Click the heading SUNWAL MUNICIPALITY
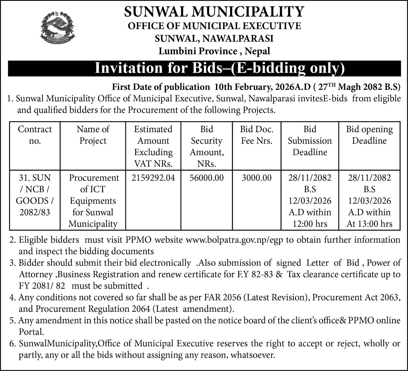coord(214,11)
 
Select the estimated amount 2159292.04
coord(153,178)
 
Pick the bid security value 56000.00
coord(207,178)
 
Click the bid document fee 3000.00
coord(257,178)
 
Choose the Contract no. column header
coord(35,135)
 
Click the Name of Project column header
coord(93,135)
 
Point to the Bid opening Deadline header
coord(369,135)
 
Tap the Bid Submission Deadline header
coord(310,141)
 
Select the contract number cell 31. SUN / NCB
coord(35,195)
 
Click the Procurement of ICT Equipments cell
coord(93,201)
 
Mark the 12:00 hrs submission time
coord(310,224)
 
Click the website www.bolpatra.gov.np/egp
coord(235,240)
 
